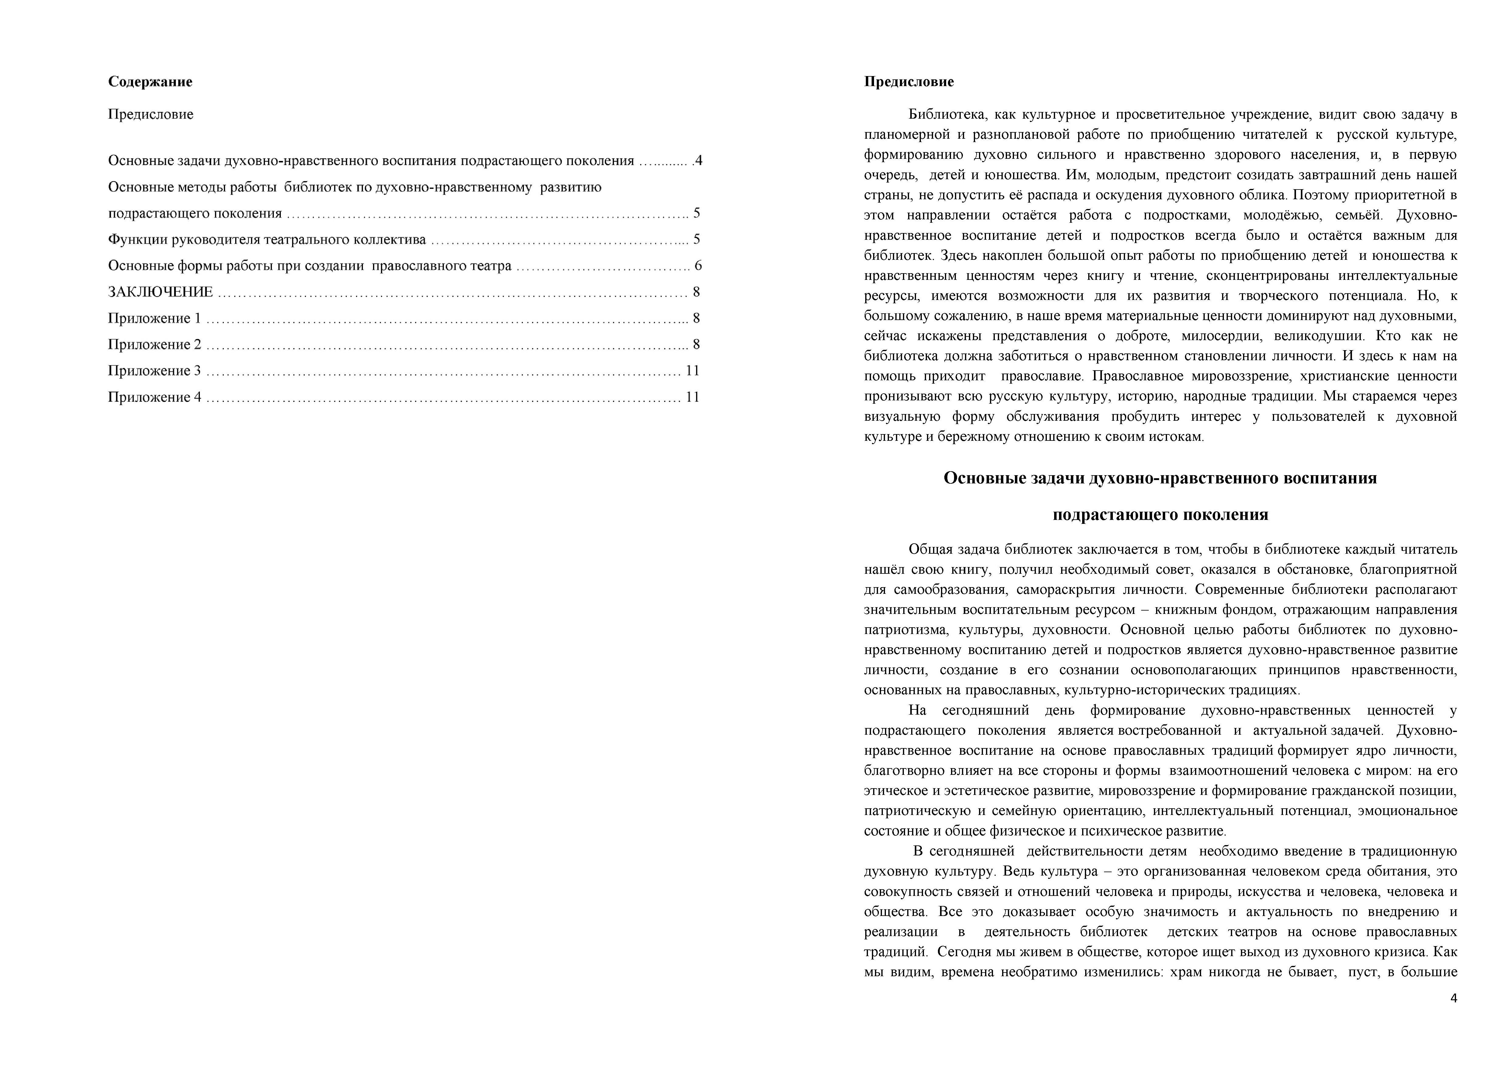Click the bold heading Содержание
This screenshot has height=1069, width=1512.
pos(150,82)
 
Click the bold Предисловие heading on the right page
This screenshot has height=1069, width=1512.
pos(909,82)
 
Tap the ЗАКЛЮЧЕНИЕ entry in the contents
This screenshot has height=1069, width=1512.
pos(161,292)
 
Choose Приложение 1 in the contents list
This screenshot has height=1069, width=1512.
pos(154,318)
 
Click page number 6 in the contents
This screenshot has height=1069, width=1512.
pos(698,266)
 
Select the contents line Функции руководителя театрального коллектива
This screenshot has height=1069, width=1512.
pos(267,239)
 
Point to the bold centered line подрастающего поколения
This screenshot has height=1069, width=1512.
pos(1160,514)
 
